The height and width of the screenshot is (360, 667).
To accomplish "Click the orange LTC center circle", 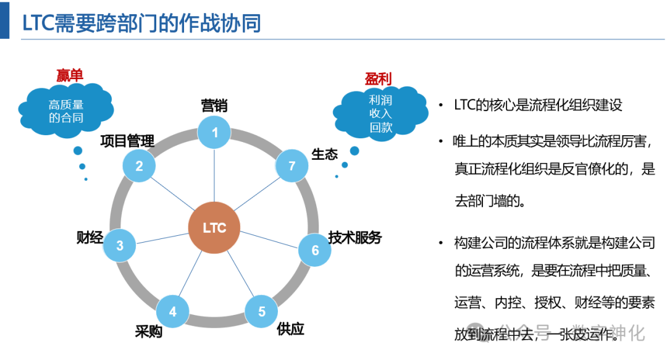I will coord(214,228).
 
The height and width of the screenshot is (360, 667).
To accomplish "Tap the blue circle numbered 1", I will coord(215,132).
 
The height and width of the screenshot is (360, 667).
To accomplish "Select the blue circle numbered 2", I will coord(140,166).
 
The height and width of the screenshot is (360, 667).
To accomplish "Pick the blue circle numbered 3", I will coord(120,245).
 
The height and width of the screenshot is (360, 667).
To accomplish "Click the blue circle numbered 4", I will coord(172,311).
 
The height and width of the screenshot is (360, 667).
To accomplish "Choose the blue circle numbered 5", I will coord(261,311).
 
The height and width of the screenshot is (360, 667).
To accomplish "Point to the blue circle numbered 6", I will coord(315,250).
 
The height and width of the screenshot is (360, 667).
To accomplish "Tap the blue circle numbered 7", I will coord(292,165).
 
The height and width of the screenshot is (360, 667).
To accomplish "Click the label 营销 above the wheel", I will coord(214,106).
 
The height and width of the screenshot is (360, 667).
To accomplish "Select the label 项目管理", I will coord(127,141).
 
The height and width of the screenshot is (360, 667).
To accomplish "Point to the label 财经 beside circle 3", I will coord(90,237).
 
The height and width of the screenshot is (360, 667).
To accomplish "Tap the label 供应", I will coord(290,329).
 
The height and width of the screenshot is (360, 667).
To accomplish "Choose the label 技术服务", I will coord(355,237).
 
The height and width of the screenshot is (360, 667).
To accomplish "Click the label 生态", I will coord(324,154).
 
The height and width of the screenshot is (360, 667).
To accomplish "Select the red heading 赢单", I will coord(69,76).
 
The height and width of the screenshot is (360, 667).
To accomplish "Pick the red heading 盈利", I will coord(379,78).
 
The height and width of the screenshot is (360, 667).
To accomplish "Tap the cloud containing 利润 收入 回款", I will coord(381,114).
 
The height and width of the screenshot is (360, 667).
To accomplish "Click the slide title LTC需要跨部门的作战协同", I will coord(142,23).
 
